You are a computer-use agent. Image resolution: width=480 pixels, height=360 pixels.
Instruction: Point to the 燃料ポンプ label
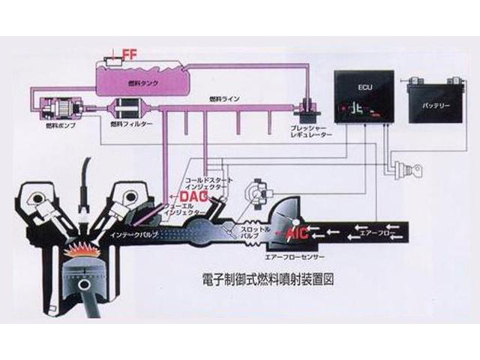[x=49, y=127]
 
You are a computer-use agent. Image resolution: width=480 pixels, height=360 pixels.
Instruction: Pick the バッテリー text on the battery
[x=435, y=106]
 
